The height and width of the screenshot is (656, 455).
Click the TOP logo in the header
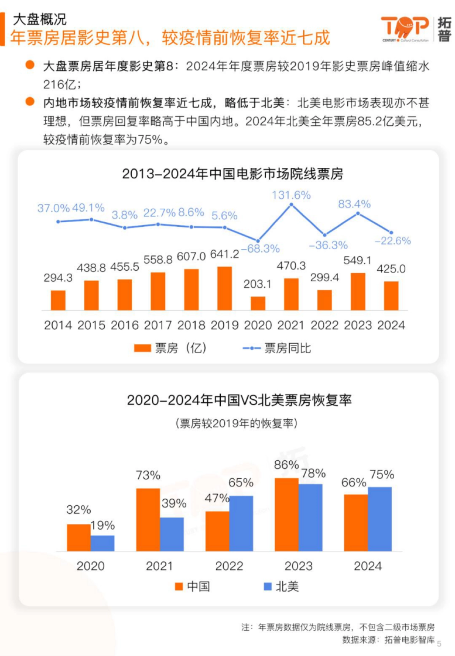tap(405, 28)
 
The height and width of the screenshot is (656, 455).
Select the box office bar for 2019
tap(225, 288)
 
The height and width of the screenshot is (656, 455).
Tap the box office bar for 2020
tap(258, 303)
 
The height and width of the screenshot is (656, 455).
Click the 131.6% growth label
tap(291, 195)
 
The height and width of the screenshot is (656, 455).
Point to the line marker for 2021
tap(291, 205)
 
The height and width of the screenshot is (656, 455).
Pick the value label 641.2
tap(224, 254)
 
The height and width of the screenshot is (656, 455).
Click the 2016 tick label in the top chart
tap(125, 325)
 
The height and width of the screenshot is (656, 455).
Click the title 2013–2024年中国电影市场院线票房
tap(232, 174)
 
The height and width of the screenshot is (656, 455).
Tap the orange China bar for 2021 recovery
tap(148, 519)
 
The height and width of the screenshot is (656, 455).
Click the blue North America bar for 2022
tap(241, 523)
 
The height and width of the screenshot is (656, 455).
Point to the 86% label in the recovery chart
tap(286, 465)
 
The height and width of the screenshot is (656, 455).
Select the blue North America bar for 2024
tap(380, 519)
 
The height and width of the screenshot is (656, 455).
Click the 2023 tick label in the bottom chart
tap(298, 566)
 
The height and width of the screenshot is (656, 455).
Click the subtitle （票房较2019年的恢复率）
tap(236, 423)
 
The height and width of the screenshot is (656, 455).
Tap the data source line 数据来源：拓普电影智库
tap(388, 640)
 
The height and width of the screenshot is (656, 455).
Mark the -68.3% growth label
tap(260, 249)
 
